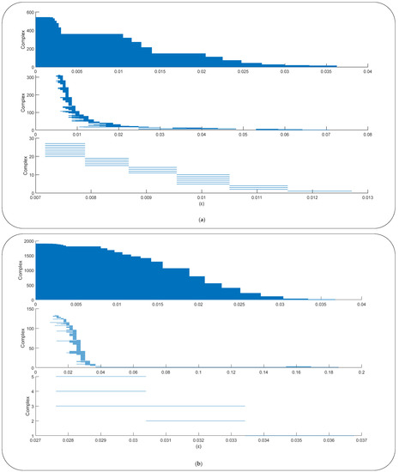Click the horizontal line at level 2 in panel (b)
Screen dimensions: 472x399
(196, 421)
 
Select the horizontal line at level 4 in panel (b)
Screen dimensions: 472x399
(100, 391)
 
